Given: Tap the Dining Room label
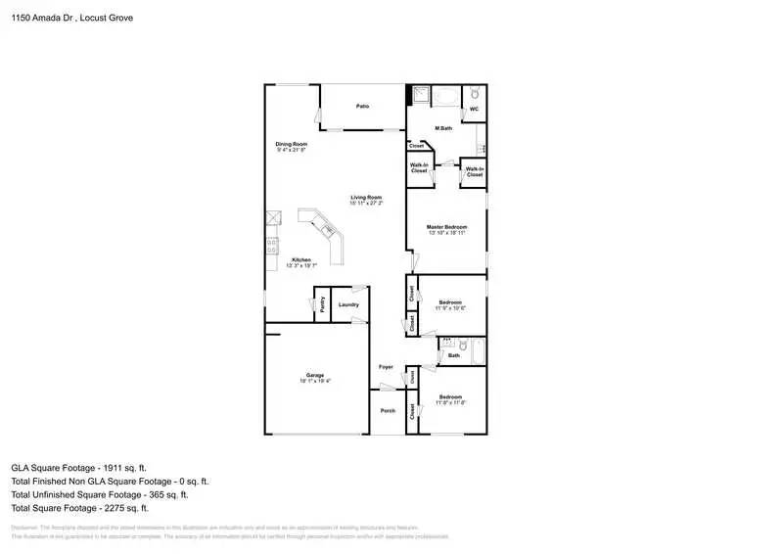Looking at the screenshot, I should click(x=291, y=145).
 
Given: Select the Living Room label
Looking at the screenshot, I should click(x=366, y=199).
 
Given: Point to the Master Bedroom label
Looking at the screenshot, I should click(x=445, y=227).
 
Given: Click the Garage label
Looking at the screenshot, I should click(x=315, y=377).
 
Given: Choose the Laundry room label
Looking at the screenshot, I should click(x=348, y=304).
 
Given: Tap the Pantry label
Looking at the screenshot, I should click(x=322, y=303).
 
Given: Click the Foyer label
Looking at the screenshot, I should click(x=386, y=367).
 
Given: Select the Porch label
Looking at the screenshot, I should click(x=388, y=410).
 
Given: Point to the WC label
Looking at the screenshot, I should click(x=474, y=109).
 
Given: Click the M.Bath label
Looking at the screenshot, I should click(x=443, y=128).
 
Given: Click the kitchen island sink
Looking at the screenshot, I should click(x=330, y=231).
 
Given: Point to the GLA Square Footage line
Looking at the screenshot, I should click(x=79, y=468).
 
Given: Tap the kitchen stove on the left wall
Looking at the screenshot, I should click(x=271, y=247).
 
